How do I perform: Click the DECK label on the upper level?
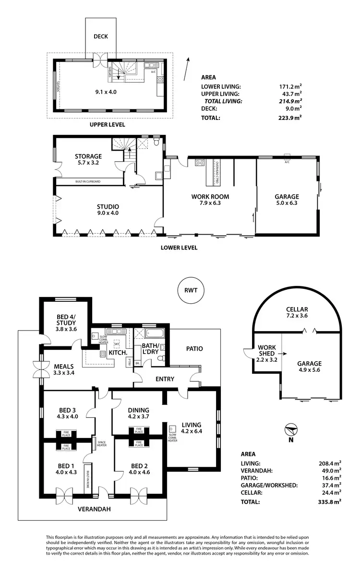point(100,36)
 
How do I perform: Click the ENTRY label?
point(165,379)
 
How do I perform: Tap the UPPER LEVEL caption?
point(108,125)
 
